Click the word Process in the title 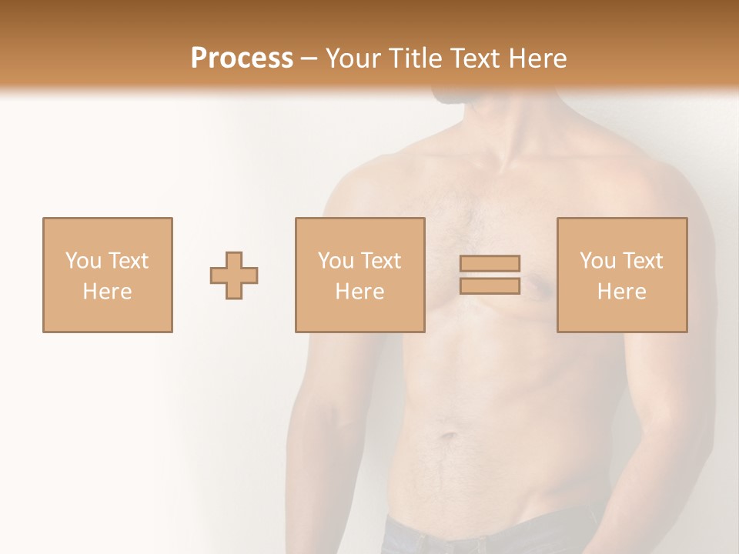[242, 58]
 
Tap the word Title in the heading [413, 58]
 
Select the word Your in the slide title [352, 58]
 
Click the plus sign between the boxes [234, 275]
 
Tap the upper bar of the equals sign [490, 263]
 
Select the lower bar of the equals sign [490, 285]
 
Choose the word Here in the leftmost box [107, 292]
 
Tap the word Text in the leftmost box [127, 261]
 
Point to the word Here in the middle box [359, 292]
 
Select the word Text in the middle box [380, 261]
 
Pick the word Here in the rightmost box [621, 292]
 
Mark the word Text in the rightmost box [642, 261]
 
